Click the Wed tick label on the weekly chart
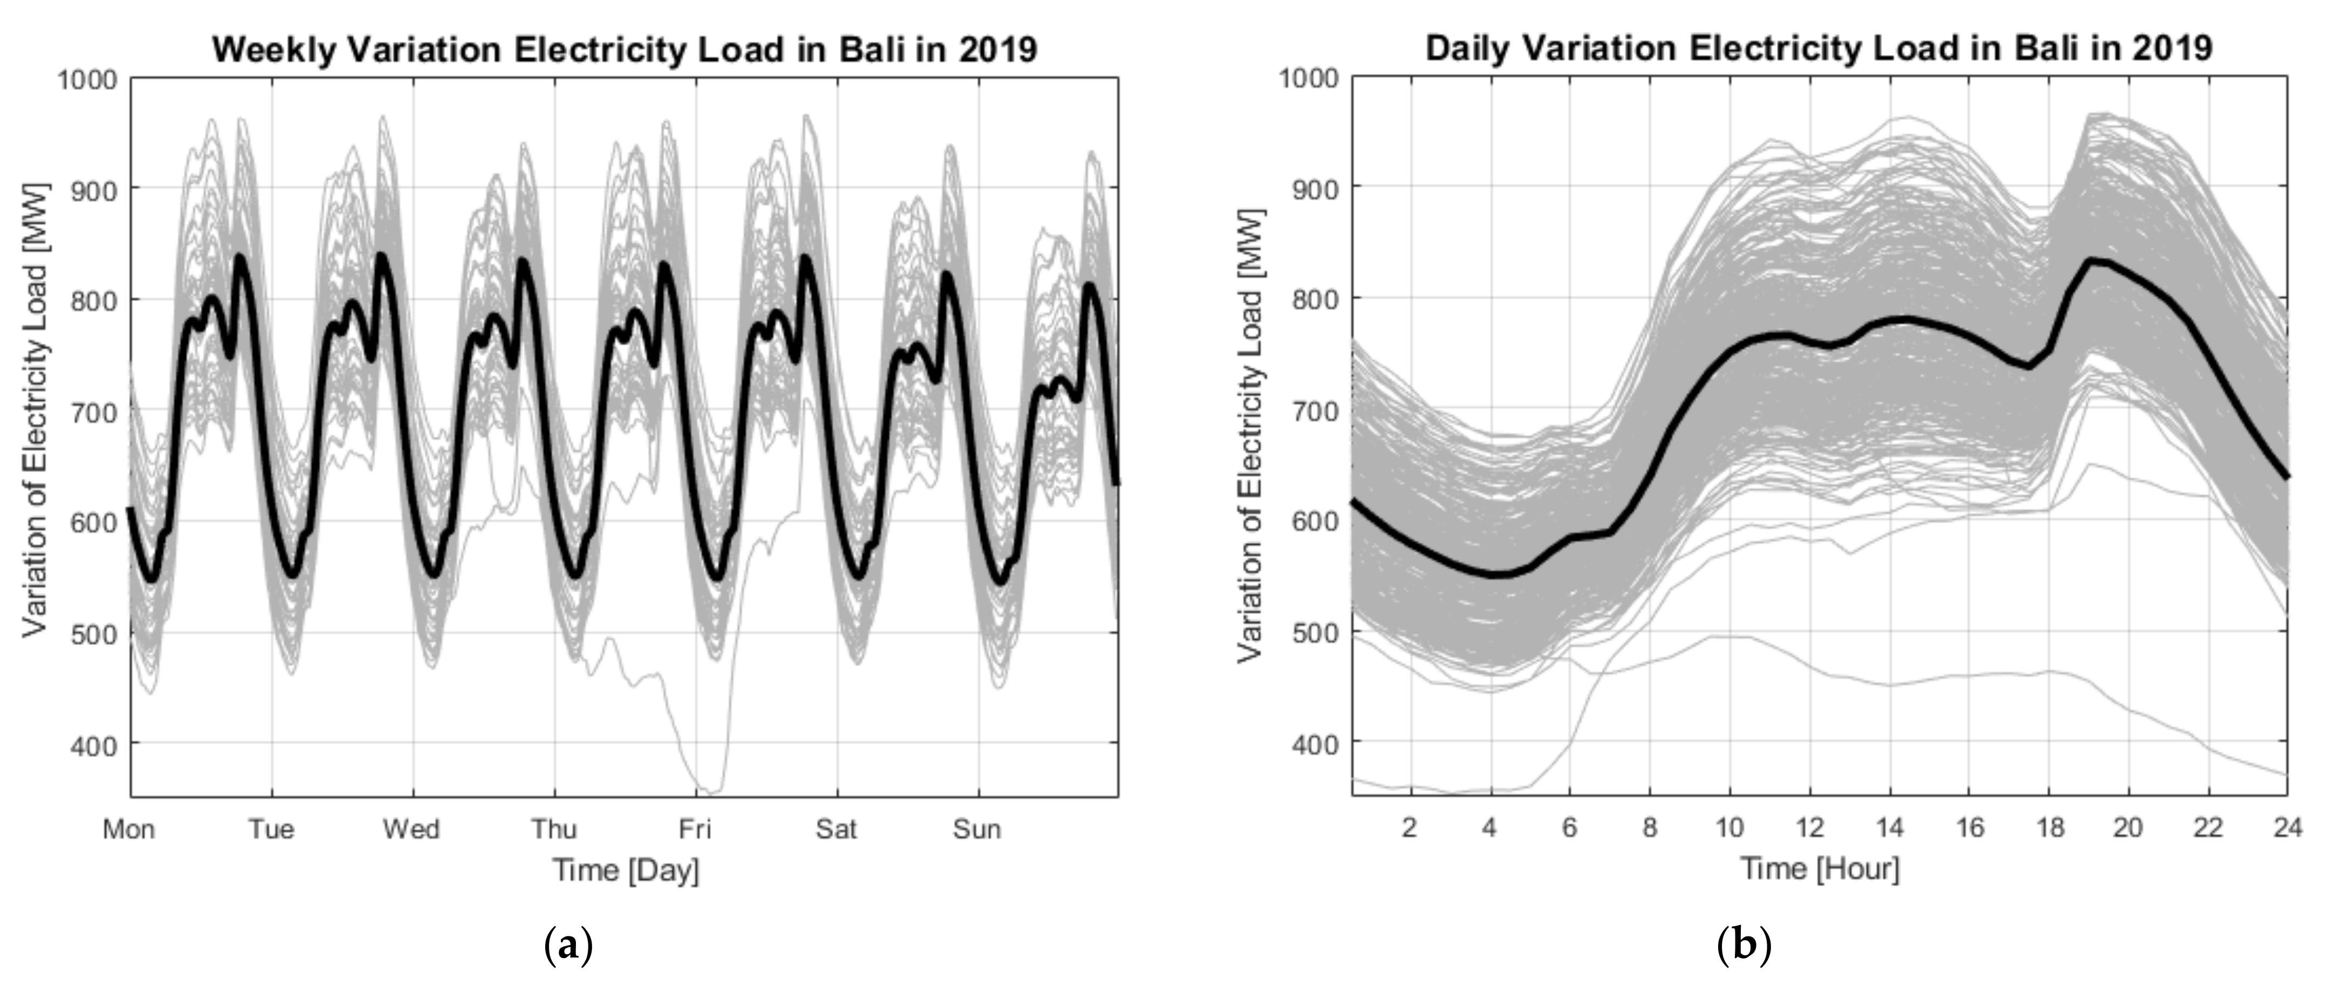click(x=411, y=829)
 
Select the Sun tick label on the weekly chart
click(x=977, y=829)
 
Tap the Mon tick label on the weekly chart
click(x=129, y=829)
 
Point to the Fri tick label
click(x=695, y=829)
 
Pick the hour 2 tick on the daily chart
click(x=1409, y=827)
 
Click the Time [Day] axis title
click(x=626, y=871)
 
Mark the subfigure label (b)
click(x=1744, y=947)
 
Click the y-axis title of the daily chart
click(x=1251, y=435)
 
